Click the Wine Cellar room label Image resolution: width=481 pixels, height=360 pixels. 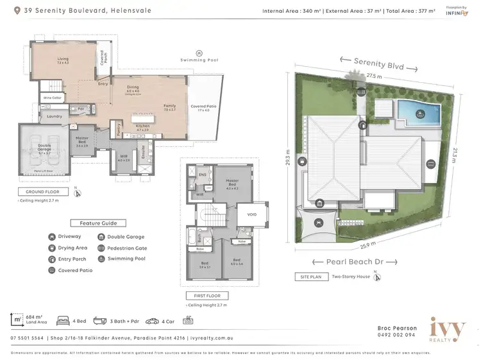click(51, 98)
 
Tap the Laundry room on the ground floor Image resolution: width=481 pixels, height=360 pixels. click(54, 116)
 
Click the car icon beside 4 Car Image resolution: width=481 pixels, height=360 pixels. click(152, 320)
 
